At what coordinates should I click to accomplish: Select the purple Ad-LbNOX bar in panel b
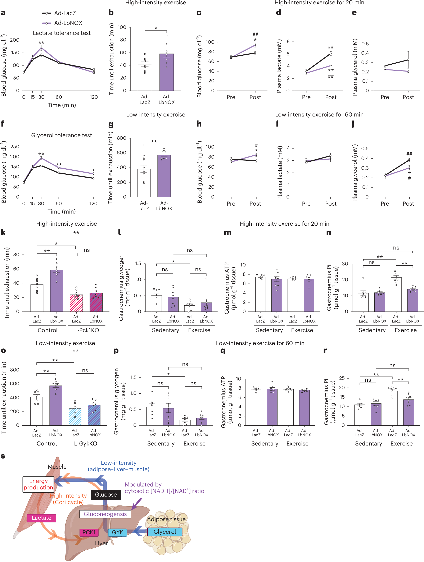167,72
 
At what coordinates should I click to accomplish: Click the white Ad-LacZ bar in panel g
144,183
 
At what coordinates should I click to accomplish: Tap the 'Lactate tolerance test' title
62,33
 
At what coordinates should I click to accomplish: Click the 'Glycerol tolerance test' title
61,135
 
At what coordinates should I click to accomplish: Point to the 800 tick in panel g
122,138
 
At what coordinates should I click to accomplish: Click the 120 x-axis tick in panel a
94,97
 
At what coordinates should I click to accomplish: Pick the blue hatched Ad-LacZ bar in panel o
75,417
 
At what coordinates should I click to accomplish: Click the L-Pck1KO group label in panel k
86,330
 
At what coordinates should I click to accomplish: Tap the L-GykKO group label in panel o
85,443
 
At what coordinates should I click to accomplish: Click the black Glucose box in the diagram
106,494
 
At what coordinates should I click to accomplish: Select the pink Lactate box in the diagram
41,518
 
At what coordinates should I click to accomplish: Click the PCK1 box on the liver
89,532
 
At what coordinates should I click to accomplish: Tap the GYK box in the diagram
117,532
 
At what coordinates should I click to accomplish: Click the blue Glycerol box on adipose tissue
165,532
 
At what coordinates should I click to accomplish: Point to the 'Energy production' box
38,484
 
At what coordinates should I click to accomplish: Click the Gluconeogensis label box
105,514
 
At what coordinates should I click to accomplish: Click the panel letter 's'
3,456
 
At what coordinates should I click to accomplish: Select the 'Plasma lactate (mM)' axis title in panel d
279,66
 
